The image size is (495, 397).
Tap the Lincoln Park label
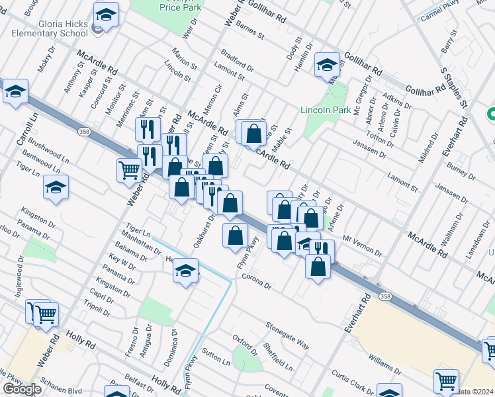click(326, 110)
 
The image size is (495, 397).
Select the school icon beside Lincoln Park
click(327, 65)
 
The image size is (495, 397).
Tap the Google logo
click(22, 389)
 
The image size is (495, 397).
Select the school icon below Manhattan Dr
click(185, 271)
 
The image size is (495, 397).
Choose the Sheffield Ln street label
click(278, 356)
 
